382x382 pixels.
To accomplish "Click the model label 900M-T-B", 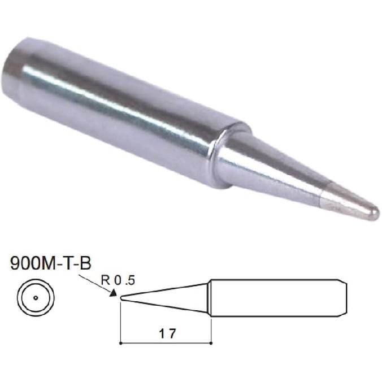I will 50,264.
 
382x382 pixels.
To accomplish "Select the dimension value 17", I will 167,333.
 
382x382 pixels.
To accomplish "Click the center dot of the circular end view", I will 35,297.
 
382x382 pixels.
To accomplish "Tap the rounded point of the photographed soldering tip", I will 374,214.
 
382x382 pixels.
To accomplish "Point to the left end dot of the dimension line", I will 121,342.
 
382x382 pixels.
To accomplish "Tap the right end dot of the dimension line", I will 211,342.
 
